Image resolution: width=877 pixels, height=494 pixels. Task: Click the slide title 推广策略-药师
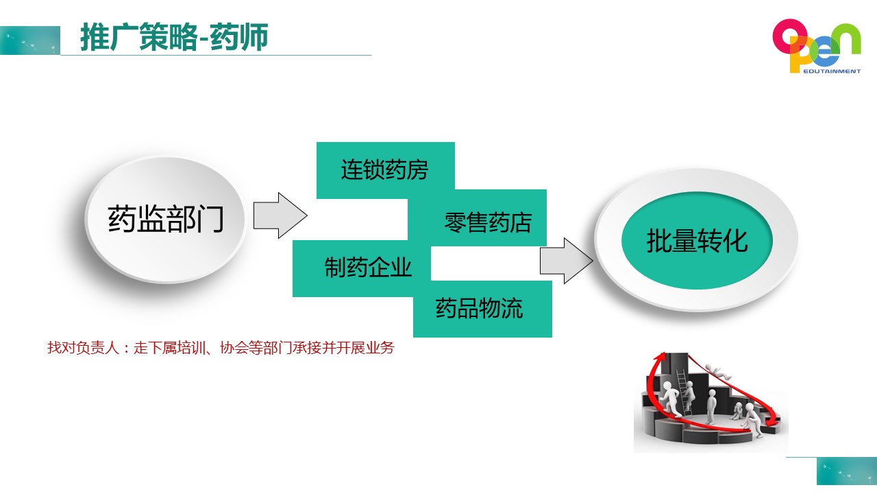click(x=174, y=37)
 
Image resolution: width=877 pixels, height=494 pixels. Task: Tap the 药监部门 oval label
click(x=166, y=219)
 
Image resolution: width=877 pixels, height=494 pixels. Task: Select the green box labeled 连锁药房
click(x=386, y=170)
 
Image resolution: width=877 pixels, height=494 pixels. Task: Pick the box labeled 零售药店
click(x=478, y=218)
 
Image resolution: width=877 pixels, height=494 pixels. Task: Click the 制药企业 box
click(x=361, y=268)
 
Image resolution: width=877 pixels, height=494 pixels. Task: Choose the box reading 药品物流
click(x=482, y=309)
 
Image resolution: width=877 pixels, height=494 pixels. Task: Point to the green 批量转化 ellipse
click(x=697, y=240)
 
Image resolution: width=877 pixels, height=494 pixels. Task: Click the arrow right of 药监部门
click(x=280, y=215)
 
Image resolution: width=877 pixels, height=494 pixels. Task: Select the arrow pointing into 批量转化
click(x=567, y=260)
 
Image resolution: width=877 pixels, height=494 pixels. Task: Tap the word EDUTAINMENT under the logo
click(x=832, y=71)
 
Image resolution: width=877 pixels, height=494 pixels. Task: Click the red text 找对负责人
click(x=84, y=348)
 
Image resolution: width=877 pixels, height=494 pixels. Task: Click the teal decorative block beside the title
click(x=30, y=40)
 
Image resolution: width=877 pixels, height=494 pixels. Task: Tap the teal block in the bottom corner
click(x=846, y=471)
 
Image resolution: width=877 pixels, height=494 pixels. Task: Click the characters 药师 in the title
click(x=239, y=37)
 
